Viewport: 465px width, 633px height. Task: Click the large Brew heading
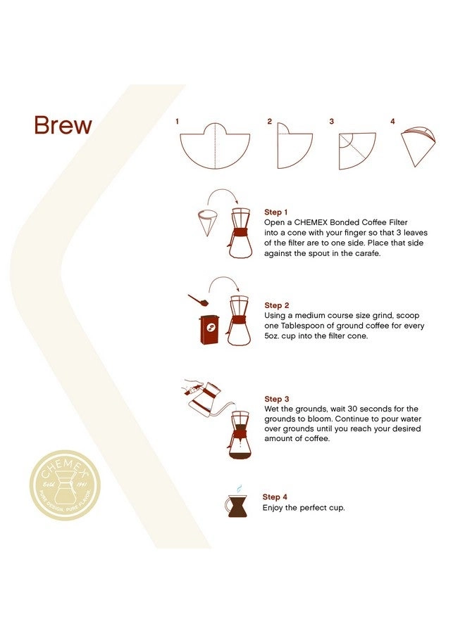click(x=63, y=125)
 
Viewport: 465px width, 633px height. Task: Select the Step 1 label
click(x=275, y=212)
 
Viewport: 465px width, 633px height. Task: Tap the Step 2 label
click(x=277, y=305)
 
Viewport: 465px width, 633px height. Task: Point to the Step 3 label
click(x=277, y=399)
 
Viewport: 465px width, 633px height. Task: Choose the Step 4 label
click(x=275, y=497)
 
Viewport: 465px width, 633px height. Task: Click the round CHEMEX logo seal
click(x=65, y=485)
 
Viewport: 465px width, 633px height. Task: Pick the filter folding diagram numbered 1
click(x=215, y=146)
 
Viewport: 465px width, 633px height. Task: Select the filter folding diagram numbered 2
click(x=294, y=146)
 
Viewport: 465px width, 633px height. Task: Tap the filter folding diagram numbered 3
click(x=357, y=151)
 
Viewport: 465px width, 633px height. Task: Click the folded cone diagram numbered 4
click(x=418, y=146)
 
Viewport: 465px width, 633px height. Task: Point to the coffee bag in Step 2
click(x=209, y=329)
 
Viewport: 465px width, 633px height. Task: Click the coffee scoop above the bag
click(x=198, y=300)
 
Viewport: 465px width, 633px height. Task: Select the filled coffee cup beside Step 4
click(x=237, y=506)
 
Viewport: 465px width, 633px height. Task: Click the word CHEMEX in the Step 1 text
click(x=311, y=222)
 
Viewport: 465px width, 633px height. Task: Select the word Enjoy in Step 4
click(x=273, y=509)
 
